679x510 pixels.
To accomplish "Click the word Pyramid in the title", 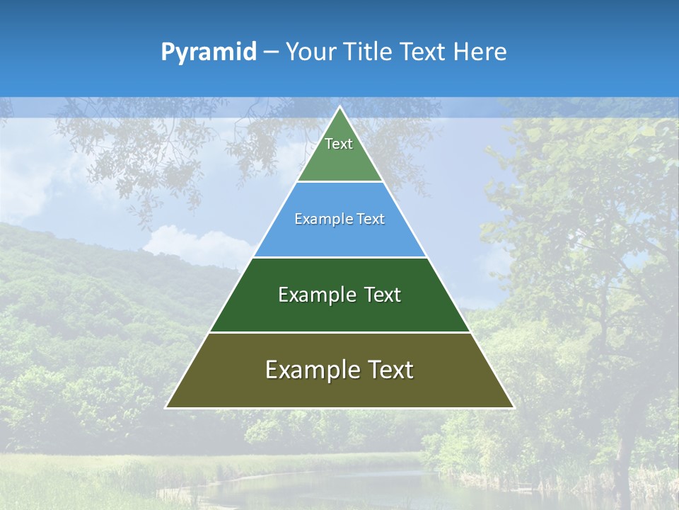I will (x=208, y=52).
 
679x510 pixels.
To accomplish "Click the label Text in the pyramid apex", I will (x=339, y=144).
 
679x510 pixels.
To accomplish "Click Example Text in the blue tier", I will (x=339, y=219).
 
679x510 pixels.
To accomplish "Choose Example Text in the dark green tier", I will (x=339, y=295).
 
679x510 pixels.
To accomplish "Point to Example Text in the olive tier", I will (x=339, y=370).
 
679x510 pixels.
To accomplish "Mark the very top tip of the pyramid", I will (x=339, y=108).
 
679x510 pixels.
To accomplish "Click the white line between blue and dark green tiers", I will (x=339, y=257).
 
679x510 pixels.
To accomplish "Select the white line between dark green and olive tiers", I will (x=339, y=332).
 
